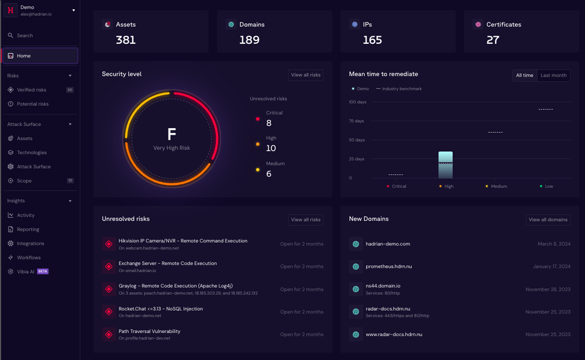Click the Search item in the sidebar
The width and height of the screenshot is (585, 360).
25,36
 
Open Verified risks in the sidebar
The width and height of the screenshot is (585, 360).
32,90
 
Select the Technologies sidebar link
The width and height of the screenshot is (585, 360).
32,153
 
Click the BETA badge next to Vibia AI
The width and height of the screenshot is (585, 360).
43,272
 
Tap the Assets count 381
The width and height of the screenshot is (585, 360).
126,40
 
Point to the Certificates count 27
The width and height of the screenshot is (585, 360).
493,40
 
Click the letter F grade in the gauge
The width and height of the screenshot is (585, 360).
171,134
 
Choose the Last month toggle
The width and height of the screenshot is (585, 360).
553,76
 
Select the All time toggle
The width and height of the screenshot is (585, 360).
524,76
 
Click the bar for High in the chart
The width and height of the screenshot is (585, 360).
445,165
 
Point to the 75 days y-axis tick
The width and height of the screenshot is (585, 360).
356,121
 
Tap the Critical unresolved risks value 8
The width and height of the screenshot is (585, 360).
269,123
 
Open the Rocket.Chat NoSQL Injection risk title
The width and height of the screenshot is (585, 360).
160,308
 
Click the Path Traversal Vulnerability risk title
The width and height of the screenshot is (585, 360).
149,331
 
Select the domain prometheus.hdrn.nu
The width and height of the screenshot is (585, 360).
388,266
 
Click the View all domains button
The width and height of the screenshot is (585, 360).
548,220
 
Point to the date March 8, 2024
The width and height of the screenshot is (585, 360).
554,244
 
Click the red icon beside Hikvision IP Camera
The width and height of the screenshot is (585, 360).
108,244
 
